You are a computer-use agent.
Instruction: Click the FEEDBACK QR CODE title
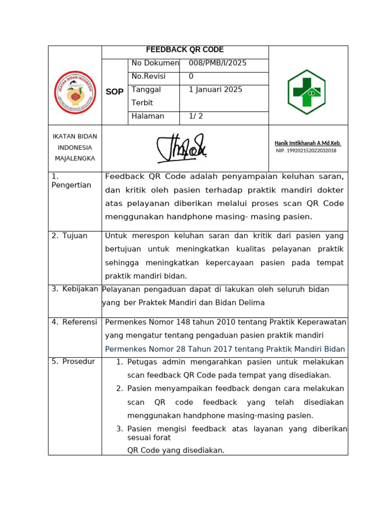185,50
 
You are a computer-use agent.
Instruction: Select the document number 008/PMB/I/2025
217,63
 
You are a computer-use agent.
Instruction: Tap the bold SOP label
114,92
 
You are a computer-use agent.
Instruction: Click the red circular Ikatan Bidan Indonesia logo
75,92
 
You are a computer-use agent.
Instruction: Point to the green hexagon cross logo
306,92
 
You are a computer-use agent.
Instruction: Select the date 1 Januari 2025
215,89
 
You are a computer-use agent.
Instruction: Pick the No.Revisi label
149,77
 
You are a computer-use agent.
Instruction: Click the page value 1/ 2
196,116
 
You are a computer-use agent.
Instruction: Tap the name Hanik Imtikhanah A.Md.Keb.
307,143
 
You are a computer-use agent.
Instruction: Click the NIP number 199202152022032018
306,151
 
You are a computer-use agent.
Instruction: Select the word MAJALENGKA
75,158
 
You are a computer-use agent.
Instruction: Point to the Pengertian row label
71,185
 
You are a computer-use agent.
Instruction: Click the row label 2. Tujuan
70,236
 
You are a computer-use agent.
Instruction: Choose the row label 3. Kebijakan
75,289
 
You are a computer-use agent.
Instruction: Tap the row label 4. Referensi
74,322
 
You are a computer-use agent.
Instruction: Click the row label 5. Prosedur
73,362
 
